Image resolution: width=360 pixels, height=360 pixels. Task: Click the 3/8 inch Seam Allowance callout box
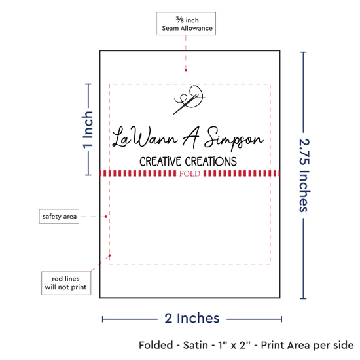click(186, 24)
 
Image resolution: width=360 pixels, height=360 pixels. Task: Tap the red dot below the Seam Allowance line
click(186, 71)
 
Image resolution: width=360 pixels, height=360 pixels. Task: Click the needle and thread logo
click(189, 100)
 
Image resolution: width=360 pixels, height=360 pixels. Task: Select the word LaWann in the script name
click(145, 137)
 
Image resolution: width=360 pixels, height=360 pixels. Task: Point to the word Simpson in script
click(234, 138)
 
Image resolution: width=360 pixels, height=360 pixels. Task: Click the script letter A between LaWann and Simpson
click(191, 137)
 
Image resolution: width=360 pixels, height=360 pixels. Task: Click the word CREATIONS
click(211, 162)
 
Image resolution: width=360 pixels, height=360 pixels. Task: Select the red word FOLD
click(190, 174)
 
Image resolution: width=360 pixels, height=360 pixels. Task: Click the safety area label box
click(59, 216)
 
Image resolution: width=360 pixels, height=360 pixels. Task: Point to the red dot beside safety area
click(106, 217)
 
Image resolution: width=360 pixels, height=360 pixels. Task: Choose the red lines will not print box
click(66, 283)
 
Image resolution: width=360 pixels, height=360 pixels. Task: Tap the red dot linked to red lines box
click(110, 255)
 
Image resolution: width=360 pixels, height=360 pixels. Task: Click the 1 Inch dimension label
click(88, 130)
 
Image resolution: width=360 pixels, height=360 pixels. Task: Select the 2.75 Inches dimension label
click(304, 175)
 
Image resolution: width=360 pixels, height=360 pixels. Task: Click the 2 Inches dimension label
click(192, 319)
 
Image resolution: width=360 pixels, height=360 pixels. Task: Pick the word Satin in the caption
click(196, 346)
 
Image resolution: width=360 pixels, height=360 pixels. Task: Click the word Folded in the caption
click(156, 346)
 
